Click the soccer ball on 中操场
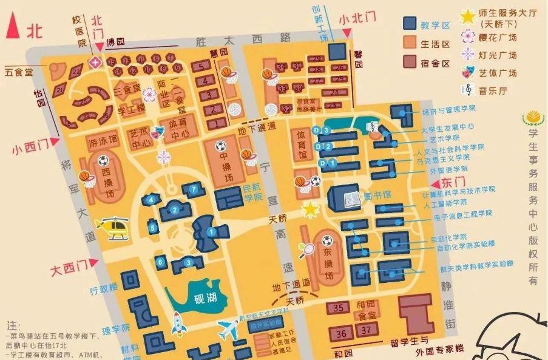coord(220,146)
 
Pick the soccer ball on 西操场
coord(103,161)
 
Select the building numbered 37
coord(365,331)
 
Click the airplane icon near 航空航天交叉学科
coord(229,330)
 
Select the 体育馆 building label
coord(300,146)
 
